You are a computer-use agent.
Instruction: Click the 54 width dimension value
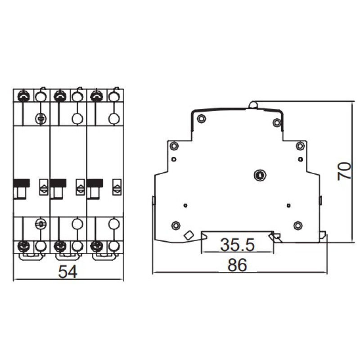68,271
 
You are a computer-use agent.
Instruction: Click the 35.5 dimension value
238,244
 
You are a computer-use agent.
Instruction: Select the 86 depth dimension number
238,265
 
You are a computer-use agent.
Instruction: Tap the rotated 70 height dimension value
344,171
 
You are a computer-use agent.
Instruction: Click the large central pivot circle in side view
260,175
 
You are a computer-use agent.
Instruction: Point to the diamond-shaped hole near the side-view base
189,235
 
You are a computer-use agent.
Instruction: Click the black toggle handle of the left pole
21,183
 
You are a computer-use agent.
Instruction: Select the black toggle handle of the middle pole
58,183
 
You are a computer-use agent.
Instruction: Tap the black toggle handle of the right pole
95,183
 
